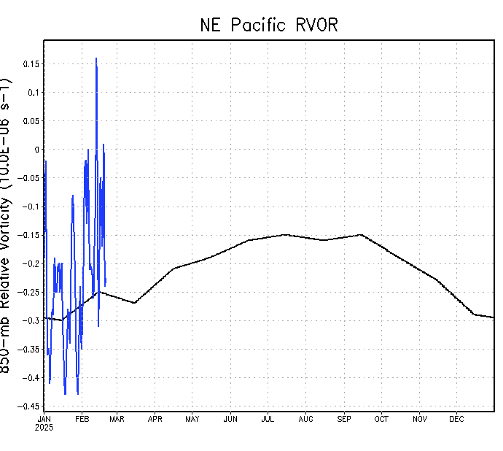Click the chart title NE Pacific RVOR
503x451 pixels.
269,25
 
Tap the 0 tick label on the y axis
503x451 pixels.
37,150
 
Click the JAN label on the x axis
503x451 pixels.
44,419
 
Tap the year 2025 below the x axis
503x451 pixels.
44,428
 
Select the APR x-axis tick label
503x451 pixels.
155,419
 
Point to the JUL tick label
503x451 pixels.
268,419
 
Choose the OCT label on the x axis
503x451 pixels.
381,419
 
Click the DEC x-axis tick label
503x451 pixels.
456,419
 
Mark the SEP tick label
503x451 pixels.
344,419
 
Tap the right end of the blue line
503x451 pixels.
106,285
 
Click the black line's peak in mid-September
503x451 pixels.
360,235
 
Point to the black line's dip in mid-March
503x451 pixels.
135,303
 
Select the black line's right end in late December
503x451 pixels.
494,317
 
